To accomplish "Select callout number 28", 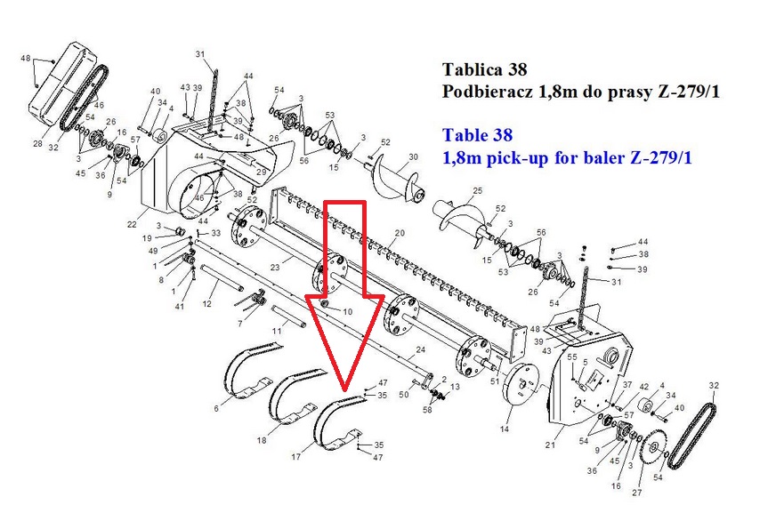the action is (38, 143).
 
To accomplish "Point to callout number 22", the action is (132, 224).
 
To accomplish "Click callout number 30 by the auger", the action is (414, 157).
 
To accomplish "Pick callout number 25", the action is (478, 190).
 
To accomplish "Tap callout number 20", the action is (400, 233).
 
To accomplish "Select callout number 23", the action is (275, 268).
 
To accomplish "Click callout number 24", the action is (421, 349).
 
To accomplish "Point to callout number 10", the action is (348, 312).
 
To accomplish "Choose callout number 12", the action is (206, 303).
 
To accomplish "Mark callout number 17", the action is (295, 457).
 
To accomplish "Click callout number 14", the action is (505, 429).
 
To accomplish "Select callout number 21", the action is (550, 445).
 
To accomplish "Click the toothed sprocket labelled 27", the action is (654, 447).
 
